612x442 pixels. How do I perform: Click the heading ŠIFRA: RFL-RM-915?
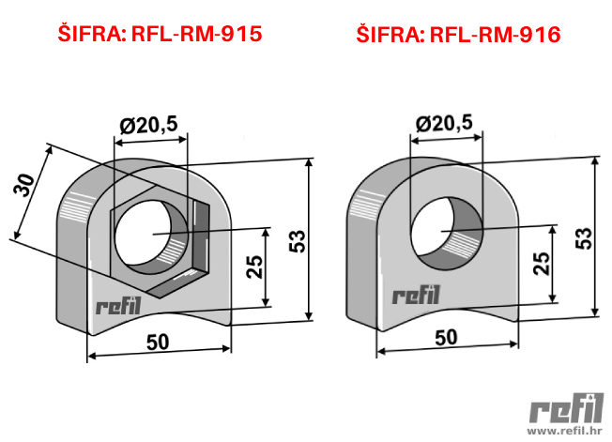(x=160, y=33)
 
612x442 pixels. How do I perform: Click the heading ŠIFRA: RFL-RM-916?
(x=458, y=34)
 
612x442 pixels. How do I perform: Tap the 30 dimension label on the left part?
(x=24, y=185)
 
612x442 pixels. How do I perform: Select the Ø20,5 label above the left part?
(x=148, y=125)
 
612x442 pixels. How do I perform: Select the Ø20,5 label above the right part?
(x=444, y=123)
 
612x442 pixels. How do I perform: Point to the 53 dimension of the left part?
(x=298, y=240)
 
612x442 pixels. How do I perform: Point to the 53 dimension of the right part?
(x=584, y=238)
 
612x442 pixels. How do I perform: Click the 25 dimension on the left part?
(x=254, y=267)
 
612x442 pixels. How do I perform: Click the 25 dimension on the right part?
(x=542, y=264)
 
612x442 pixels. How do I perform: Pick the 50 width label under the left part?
(x=158, y=343)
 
